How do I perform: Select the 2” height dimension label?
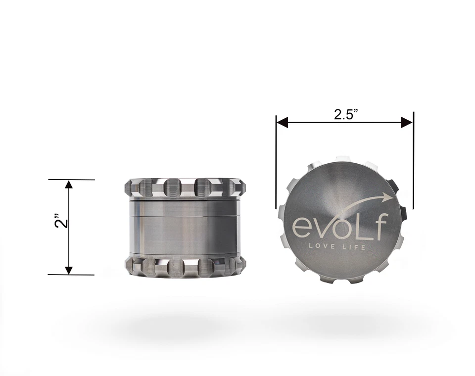coord(60,222)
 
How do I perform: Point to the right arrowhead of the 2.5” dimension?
coord(407,122)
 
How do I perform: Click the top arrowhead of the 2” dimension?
coord(69,185)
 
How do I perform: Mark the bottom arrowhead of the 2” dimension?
coord(69,270)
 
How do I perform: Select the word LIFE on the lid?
coord(354,246)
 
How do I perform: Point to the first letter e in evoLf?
coord(302,228)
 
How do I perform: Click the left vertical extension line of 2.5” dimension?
coord(276,163)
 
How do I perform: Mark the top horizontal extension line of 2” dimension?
coord(72,180)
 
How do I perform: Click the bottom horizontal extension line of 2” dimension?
coord(72,275)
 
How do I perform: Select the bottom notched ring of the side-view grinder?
coord(185,267)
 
